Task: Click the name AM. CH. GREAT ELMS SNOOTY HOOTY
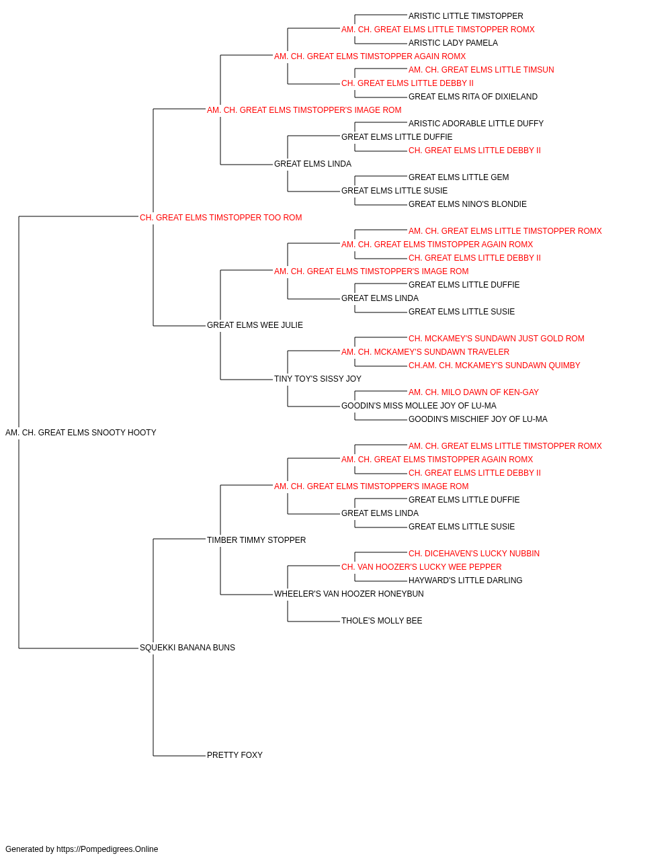pos(81,433)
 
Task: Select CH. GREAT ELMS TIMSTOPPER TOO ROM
pos(221,218)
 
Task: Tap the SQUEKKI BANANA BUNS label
pos(187,648)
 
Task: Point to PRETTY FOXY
pos(235,755)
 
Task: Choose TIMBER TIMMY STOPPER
pos(257,540)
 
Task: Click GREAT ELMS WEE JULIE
pos(255,325)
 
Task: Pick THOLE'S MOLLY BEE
pos(382,621)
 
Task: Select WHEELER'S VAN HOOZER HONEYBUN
pos(349,594)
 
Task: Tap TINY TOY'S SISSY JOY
pos(318,379)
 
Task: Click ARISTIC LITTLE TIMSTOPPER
pos(466,16)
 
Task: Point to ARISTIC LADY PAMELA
pos(453,43)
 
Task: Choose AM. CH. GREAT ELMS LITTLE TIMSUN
pos(481,70)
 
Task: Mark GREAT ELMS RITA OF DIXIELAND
pos(473,97)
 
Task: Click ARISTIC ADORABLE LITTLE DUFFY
pos(476,124)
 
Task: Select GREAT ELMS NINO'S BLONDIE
pos(468,204)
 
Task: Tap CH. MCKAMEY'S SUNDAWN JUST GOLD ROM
pos(497,339)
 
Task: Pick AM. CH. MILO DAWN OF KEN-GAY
pos(474,392)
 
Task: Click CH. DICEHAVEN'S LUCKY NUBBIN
pos(474,553)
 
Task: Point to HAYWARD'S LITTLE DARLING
pos(466,580)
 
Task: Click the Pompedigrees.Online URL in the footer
pos(108,849)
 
